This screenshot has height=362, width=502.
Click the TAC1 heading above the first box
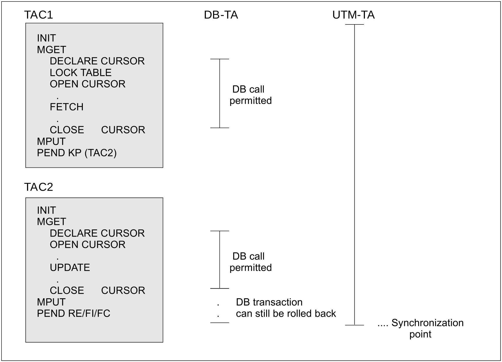point(38,15)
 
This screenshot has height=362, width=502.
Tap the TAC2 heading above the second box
point(38,187)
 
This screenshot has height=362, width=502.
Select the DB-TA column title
point(221,15)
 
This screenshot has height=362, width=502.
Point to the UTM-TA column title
point(353,15)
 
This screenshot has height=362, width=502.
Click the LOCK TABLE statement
point(81,73)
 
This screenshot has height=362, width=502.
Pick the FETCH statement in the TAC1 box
point(67,107)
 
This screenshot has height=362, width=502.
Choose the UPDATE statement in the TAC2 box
point(70,267)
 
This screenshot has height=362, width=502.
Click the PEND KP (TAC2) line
point(77,153)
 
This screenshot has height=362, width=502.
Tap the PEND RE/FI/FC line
point(73,313)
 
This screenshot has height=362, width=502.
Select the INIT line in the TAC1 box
point(46,38)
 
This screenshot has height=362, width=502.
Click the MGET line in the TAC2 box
point(51,222)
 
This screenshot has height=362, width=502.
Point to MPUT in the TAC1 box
point(51,141)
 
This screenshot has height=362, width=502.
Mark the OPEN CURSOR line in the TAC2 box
point(87,244)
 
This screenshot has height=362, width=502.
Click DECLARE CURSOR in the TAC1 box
point(97,61)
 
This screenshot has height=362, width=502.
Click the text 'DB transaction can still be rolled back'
point(286,308)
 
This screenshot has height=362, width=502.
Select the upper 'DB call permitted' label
point(250,95)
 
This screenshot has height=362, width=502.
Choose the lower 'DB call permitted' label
point(250,262)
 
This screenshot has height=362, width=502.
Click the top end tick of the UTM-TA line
point(354,24)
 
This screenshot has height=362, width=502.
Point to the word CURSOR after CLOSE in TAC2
point(123,290)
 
